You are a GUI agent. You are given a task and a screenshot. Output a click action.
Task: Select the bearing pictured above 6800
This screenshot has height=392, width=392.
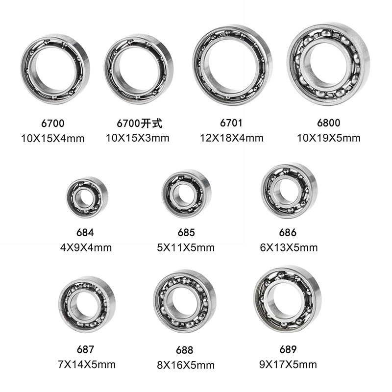pyautogui.click(x=295, y=66)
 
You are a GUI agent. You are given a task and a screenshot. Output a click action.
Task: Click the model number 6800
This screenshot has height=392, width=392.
pyautogui.click(x=328, y=123)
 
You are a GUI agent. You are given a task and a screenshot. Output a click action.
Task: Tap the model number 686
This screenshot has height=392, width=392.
pyautogui.click(x=288, y=232)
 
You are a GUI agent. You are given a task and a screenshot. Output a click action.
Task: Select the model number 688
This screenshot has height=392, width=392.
pyautogui.click(x=185, y=350)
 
